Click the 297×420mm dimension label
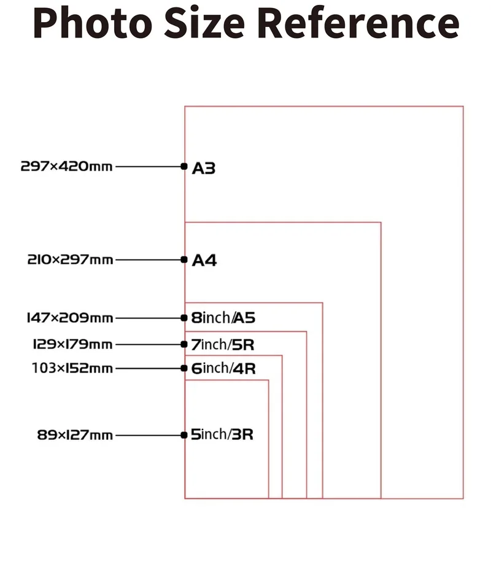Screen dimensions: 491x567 pyautogui.click(x=67, y=166)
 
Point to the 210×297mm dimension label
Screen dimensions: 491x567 pyautogui.click(x=70, y=260)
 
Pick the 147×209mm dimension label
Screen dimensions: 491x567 pyautogui.click(x=69, y=318)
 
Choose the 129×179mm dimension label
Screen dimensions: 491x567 pyautogui.click(x=72, y=344)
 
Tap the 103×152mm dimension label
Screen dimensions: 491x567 pyautogui.click(x=72, y=368)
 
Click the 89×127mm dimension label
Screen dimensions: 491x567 pyautogui.click(x=75, y=435)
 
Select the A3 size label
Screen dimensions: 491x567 pyautogui.click(x=204, y=168)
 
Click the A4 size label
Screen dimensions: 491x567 pyautogui.click(x=204, y=261)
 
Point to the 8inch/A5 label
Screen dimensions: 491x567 pyautogui.click(x=223, y=318)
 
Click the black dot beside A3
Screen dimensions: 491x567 pyautogui.click(x=184, y=166)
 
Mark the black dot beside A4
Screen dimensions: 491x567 pyautogui.click(x=184, y=260)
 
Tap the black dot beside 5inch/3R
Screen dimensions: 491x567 pyautogui.click(x=184, y=435)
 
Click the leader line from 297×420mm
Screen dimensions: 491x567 pyautogui.click(x=148, y=166)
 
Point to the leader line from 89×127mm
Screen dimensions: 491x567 pyautogui.click(x=148, y=435)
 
